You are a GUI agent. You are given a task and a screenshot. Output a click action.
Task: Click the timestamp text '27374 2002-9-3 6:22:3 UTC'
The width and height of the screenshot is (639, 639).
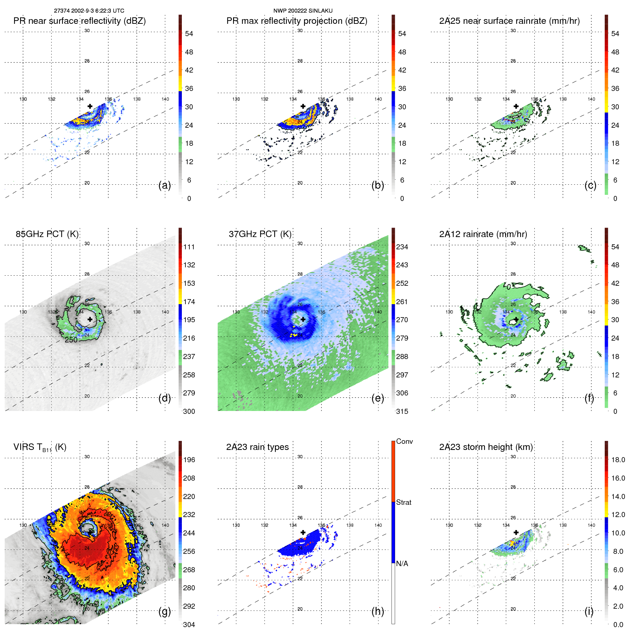89,11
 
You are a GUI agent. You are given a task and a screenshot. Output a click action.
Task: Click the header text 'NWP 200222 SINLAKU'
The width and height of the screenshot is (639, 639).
303,11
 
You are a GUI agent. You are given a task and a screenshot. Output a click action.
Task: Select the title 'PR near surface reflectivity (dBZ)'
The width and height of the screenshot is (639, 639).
79,21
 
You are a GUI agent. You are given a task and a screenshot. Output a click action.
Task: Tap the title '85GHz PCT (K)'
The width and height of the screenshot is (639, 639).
47,234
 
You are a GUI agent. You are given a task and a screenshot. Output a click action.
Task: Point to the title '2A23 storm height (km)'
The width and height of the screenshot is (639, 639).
486,447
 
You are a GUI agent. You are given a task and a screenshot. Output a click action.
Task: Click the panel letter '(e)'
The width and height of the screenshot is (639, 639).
378,398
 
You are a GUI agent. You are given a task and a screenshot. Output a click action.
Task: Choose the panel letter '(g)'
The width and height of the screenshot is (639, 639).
165,611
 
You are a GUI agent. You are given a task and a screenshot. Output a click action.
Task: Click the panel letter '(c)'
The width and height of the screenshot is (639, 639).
590,185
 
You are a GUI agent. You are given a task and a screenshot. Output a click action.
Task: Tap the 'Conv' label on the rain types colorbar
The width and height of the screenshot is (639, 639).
404,441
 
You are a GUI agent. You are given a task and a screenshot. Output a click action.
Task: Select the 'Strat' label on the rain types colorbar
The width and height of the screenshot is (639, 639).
404,502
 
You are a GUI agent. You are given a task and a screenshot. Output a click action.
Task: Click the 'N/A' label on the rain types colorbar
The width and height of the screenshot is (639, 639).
402,564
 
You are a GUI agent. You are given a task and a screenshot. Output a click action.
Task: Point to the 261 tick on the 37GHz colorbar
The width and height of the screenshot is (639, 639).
402,302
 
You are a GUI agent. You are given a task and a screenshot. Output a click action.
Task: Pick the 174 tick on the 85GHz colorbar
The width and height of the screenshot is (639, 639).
189,302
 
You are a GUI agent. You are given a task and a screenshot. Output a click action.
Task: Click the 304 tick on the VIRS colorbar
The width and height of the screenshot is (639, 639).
189,625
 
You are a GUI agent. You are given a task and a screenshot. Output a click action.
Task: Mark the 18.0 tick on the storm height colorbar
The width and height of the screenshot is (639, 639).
618,460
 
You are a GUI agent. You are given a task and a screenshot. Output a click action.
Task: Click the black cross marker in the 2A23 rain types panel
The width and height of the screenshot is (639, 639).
303,532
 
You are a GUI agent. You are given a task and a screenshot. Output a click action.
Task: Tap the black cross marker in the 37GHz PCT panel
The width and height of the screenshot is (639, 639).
303,319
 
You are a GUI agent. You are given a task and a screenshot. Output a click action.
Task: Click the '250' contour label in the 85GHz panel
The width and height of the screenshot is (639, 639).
71,340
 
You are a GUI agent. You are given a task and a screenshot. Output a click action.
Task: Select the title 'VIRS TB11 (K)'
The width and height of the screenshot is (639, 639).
40,447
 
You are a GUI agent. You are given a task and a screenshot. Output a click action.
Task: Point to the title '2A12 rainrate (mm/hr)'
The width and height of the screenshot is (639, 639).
483,234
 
